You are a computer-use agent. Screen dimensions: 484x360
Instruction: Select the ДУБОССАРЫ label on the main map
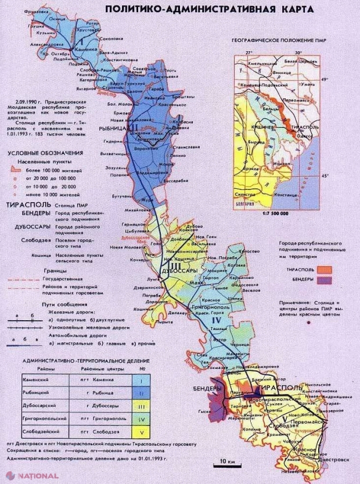tap(181, 271)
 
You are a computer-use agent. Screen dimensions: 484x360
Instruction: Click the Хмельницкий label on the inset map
tap(262, 62)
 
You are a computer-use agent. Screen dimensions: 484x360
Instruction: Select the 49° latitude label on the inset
tap(325, 79)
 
